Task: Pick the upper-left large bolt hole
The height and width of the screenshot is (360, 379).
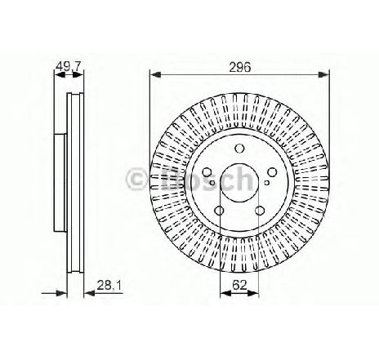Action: point(207,171)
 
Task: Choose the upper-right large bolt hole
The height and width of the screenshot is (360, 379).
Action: point(271,171)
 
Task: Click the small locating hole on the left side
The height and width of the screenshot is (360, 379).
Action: point(214,187)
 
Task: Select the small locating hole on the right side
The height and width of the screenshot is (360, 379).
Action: point(265,187)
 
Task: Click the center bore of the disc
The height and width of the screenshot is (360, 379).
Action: point(239,183)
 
